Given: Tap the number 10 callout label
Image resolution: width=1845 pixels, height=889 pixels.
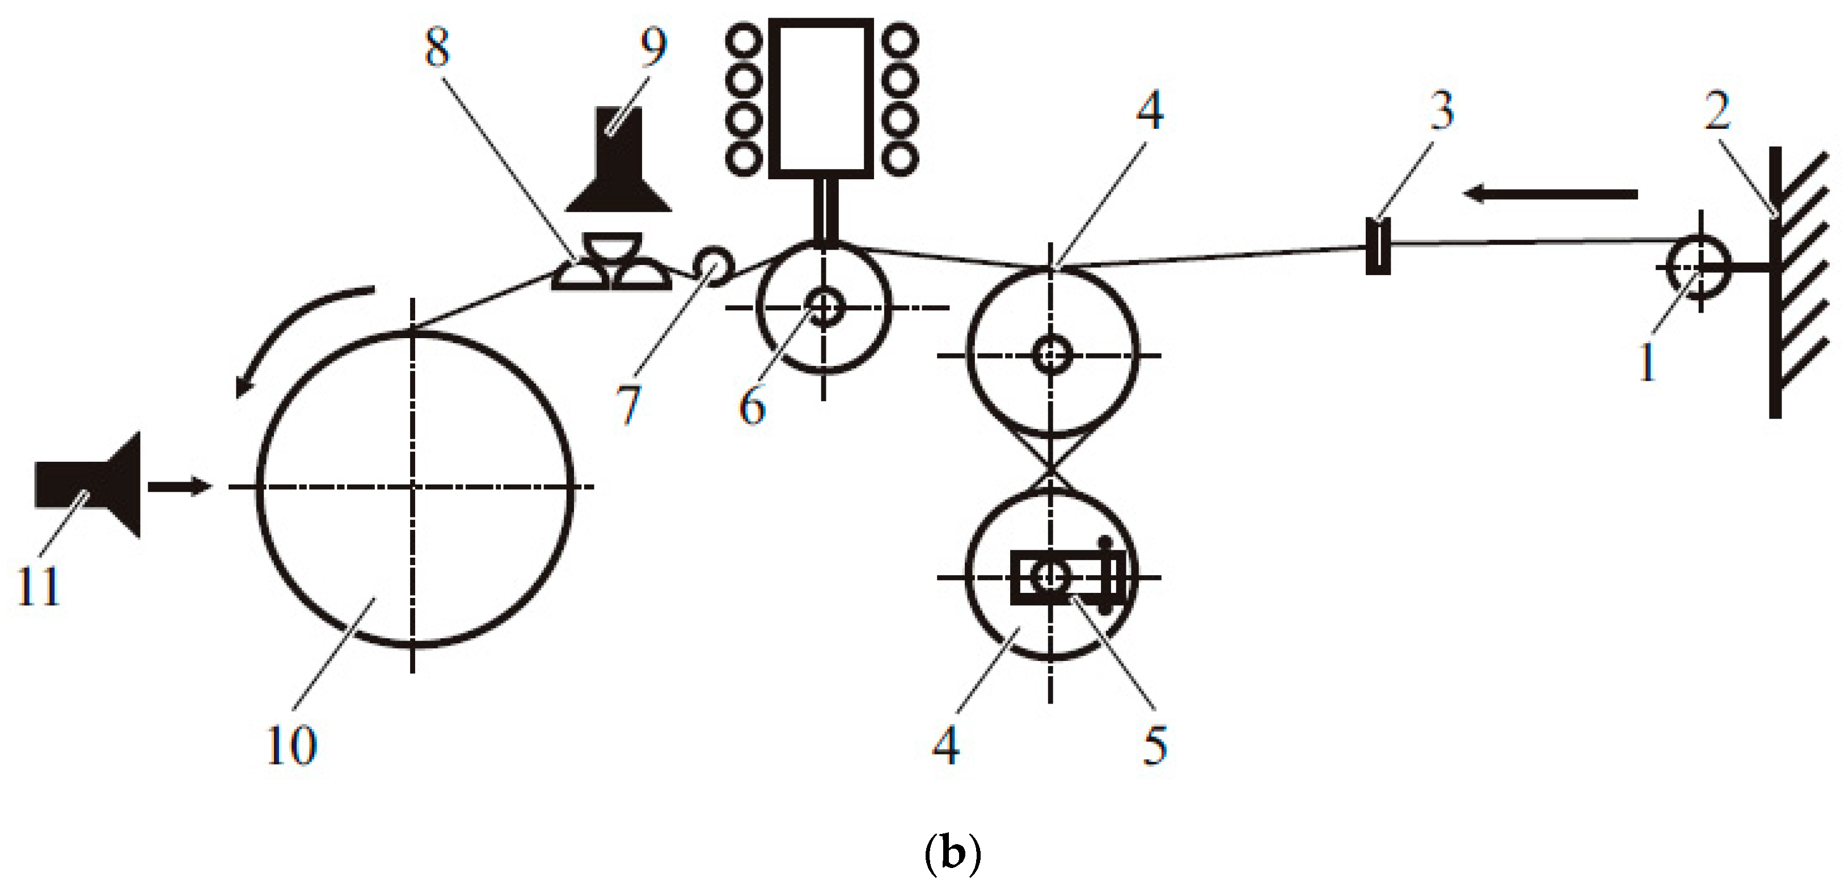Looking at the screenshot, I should click(291, 745).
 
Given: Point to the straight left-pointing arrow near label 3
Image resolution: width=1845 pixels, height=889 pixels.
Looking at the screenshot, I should click(1551, 193).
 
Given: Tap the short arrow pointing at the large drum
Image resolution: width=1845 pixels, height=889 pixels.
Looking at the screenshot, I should click(180, 487).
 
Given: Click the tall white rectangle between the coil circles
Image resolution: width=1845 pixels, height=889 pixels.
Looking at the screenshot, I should click(821, 98).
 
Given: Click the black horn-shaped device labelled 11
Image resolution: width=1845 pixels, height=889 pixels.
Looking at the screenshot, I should click(90, 485).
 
